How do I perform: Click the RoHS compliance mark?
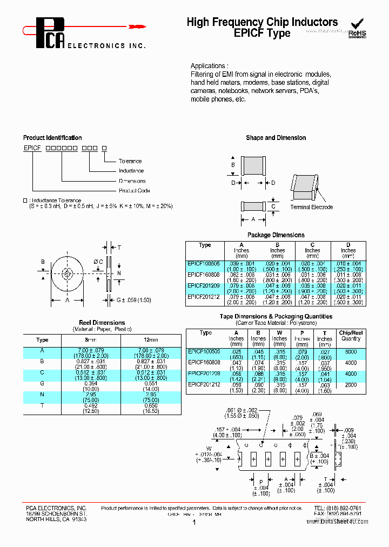(x=357, y=29)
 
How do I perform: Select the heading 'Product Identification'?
(x=52, y=138)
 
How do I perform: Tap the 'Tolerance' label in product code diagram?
(x=130, y=161)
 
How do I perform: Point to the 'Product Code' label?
(x=135, y=190)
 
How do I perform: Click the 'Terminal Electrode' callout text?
(x=312, y=207)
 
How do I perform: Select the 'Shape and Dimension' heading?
(x=276, y=138)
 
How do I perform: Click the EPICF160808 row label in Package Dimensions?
(x=204, y=274)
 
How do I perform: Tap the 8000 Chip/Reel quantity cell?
(x=351, y=351)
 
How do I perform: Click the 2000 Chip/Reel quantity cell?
(x=351, y=384)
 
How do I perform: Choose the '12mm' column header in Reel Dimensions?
(x=151, y=340)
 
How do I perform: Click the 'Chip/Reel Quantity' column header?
(x=351, y=336)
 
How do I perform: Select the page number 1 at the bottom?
(x=193, y=523)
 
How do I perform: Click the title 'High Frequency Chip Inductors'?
(x=262, y=22)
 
